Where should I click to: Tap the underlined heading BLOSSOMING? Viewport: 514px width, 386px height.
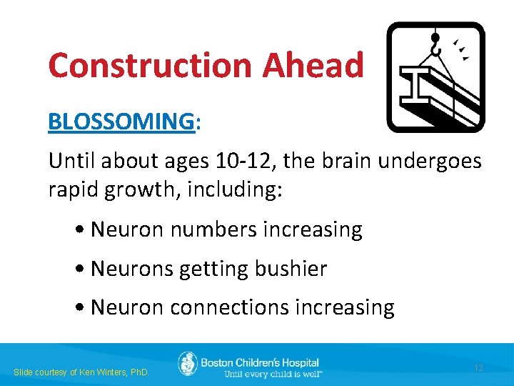pyautogui.click(x=121, y=122)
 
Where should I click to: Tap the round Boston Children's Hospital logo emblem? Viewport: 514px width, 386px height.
pyautogui.click(x=187, y=364)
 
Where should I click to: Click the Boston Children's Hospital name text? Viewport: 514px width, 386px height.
pyautogui.click(x=260, y=362)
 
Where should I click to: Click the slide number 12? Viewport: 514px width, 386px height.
pyautogui.click(x=478, y=367)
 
